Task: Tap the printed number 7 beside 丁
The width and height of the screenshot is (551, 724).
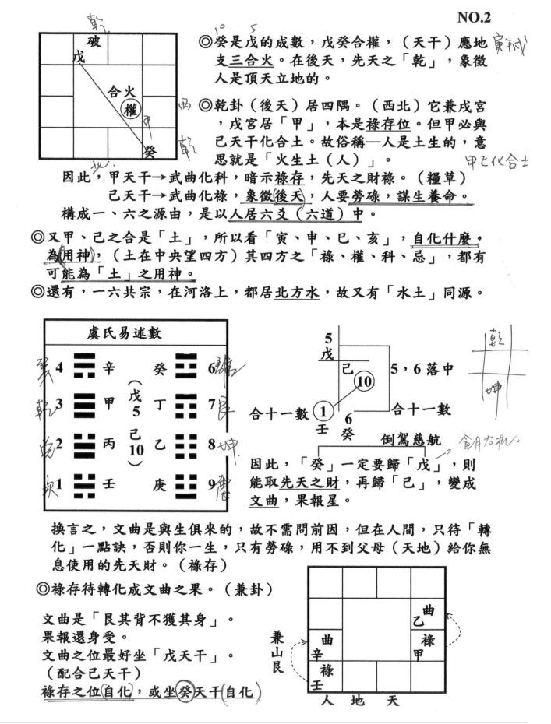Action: [x=211, y=404]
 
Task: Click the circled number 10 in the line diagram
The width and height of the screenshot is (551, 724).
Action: [x=365, y=381]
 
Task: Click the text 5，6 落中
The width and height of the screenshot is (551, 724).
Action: [x=425, y=368]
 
